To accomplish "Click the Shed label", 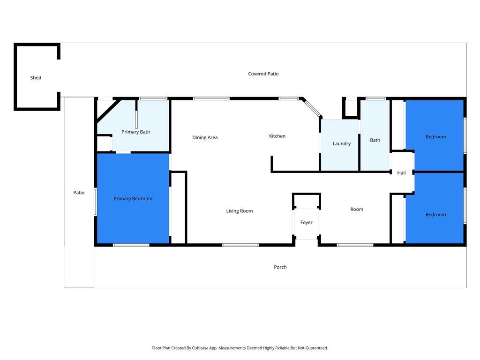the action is coord(36,78).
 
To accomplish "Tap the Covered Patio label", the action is coord(263,74).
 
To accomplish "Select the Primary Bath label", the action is coord(135,132).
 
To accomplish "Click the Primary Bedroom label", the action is coord(133,199).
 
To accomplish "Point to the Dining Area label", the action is coord(205,137).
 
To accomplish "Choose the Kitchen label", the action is coord(277,136).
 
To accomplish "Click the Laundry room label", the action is coord(342,143).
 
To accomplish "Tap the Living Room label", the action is coord(240,211).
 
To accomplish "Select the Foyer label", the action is coord(306,223).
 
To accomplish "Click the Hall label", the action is coord(401,173).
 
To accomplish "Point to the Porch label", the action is coord(280,267).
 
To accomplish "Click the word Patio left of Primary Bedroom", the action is coord(79,193).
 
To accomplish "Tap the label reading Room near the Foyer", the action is coord(357,210).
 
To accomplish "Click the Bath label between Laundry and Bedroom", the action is coord(375,140).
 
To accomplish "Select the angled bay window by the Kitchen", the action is coord(312,108).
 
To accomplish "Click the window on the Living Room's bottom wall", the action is coord(240,245).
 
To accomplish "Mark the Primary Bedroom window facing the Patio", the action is coord(96,202).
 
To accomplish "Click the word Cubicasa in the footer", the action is coord(201,348).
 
